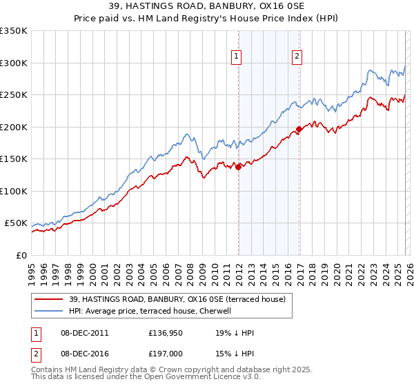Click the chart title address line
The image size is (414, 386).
206,6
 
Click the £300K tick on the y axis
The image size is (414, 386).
14,63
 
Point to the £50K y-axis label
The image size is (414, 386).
16,223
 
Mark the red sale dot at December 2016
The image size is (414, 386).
299,128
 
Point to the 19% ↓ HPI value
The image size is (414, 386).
235,333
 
